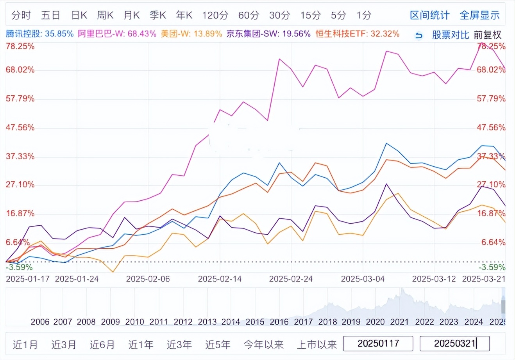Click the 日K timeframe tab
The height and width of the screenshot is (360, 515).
click(79, 15)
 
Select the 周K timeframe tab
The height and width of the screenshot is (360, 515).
click(105, 15)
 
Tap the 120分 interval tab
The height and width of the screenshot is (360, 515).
click(215, 15)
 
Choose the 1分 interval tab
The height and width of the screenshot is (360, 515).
click(363, 15)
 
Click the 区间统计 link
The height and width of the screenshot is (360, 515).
click(429, 15)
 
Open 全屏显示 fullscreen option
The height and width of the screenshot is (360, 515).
click(479, 15)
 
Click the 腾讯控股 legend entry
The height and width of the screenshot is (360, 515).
click(39, 34)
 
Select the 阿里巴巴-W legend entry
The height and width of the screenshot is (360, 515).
click(117, 34)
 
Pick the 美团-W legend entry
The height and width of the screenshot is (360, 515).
click(191, 34)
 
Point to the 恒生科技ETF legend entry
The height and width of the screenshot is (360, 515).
click(357, 34)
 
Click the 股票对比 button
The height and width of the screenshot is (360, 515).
click(450, 35)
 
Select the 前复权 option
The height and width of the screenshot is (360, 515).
click(487, 35)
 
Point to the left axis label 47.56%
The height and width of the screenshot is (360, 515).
click(20, 127)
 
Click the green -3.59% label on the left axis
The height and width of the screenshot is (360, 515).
click(19, 267)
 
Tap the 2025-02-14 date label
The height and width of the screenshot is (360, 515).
click(220, 279)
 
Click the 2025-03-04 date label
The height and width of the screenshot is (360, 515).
click(363, 279)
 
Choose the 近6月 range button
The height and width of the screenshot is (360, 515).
click(102, 345)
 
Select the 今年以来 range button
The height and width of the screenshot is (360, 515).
click(263, 345)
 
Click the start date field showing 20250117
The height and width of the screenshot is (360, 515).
click(378, 344)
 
